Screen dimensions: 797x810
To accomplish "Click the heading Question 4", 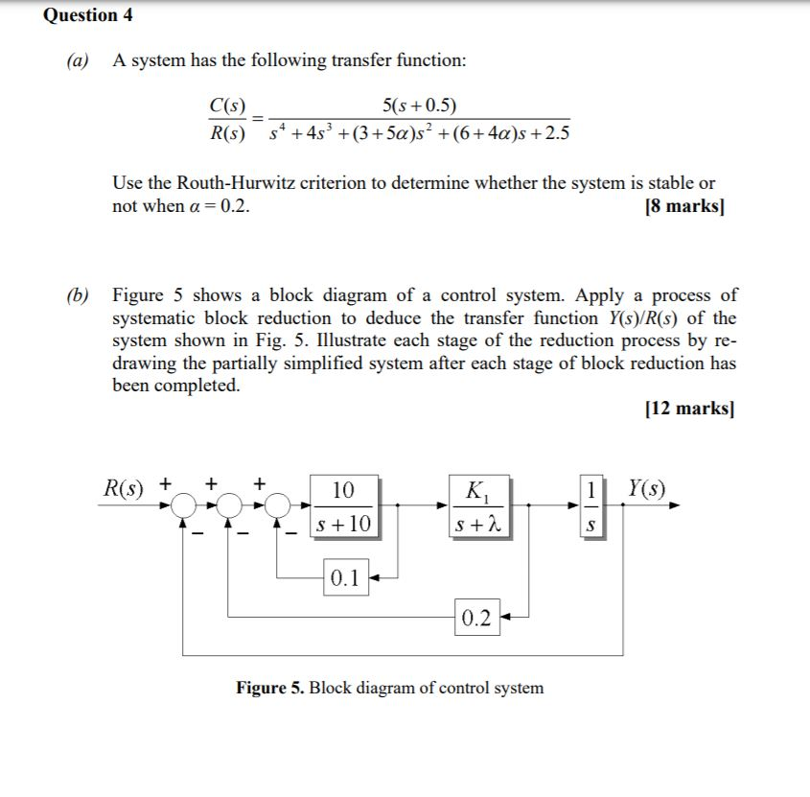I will (88, 15).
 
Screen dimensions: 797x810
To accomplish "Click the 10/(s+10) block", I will (343, 505).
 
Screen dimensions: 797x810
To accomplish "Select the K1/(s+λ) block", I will (476, 505).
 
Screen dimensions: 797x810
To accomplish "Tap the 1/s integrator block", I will (592, 505).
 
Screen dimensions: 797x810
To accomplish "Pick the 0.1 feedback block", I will (344, 577).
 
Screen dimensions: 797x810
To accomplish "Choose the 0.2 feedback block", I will (476, 617).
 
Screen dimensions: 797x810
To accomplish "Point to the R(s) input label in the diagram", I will (124, 487).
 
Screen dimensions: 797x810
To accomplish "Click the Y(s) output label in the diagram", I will (648, 487).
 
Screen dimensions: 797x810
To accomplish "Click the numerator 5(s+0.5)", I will (419, 105).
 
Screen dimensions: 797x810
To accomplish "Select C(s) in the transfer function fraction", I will (227, 105).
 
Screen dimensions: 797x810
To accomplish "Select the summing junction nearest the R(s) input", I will (182, 505).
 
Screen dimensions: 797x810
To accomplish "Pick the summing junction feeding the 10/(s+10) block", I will (278, 505).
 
